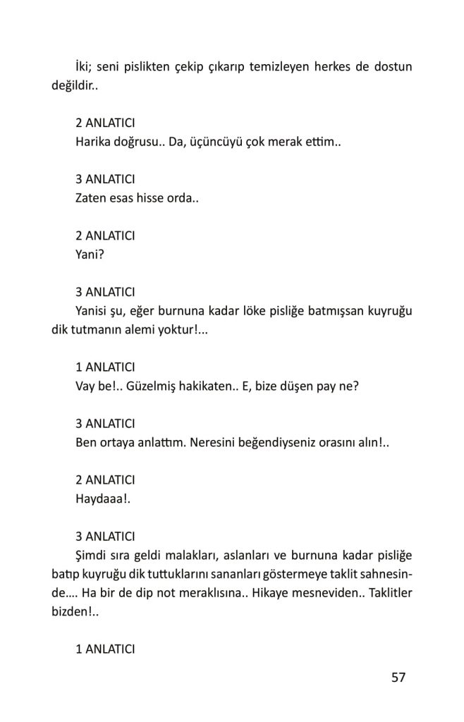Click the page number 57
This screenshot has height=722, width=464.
(398, 678)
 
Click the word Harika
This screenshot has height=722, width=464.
(93, 142)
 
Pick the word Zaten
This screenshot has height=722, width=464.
(91, 199)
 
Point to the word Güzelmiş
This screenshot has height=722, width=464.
(153, 387)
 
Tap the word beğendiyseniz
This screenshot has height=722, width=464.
(273, 443)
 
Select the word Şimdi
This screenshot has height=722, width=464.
(92, 556)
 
